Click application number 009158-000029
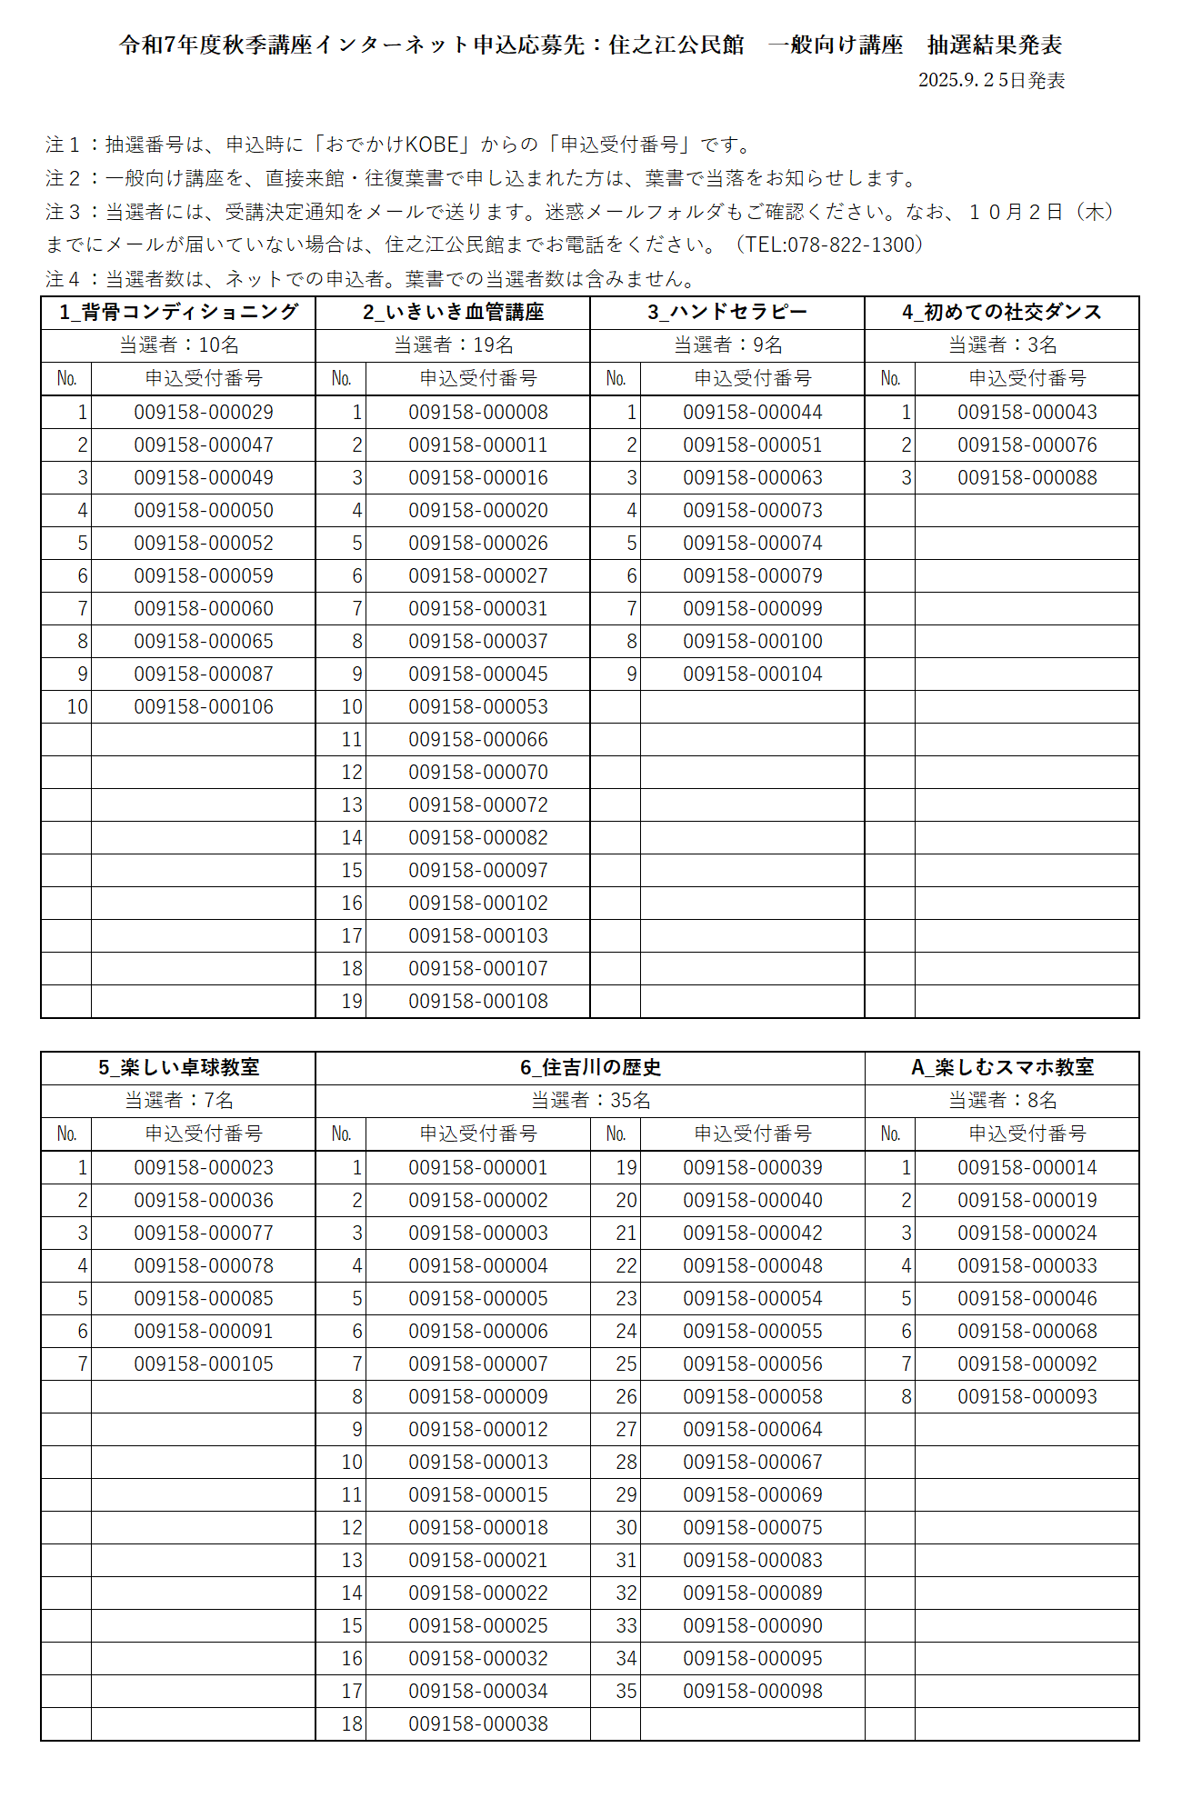coord(204,412)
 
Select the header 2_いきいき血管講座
coord(453,312)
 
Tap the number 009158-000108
coord(478,1001)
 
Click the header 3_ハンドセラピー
coord(727,312)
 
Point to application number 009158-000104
coord(753,674)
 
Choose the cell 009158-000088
coord(1027,477)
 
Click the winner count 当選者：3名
coord(1003,345)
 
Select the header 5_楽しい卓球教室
coord(179,1067)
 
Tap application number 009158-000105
coord(204,1363)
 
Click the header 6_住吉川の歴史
coord(591,1067)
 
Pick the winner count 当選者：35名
coord(591,1100)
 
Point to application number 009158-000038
coord(478,1723)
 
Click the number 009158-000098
coord(753,1691)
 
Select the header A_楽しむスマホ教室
coord(1003,1067)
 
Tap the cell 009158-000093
coord(1027,1396)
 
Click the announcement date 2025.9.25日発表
coord(991,80)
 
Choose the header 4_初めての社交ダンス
coord(1002,312)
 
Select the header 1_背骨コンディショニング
coord(179,312)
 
